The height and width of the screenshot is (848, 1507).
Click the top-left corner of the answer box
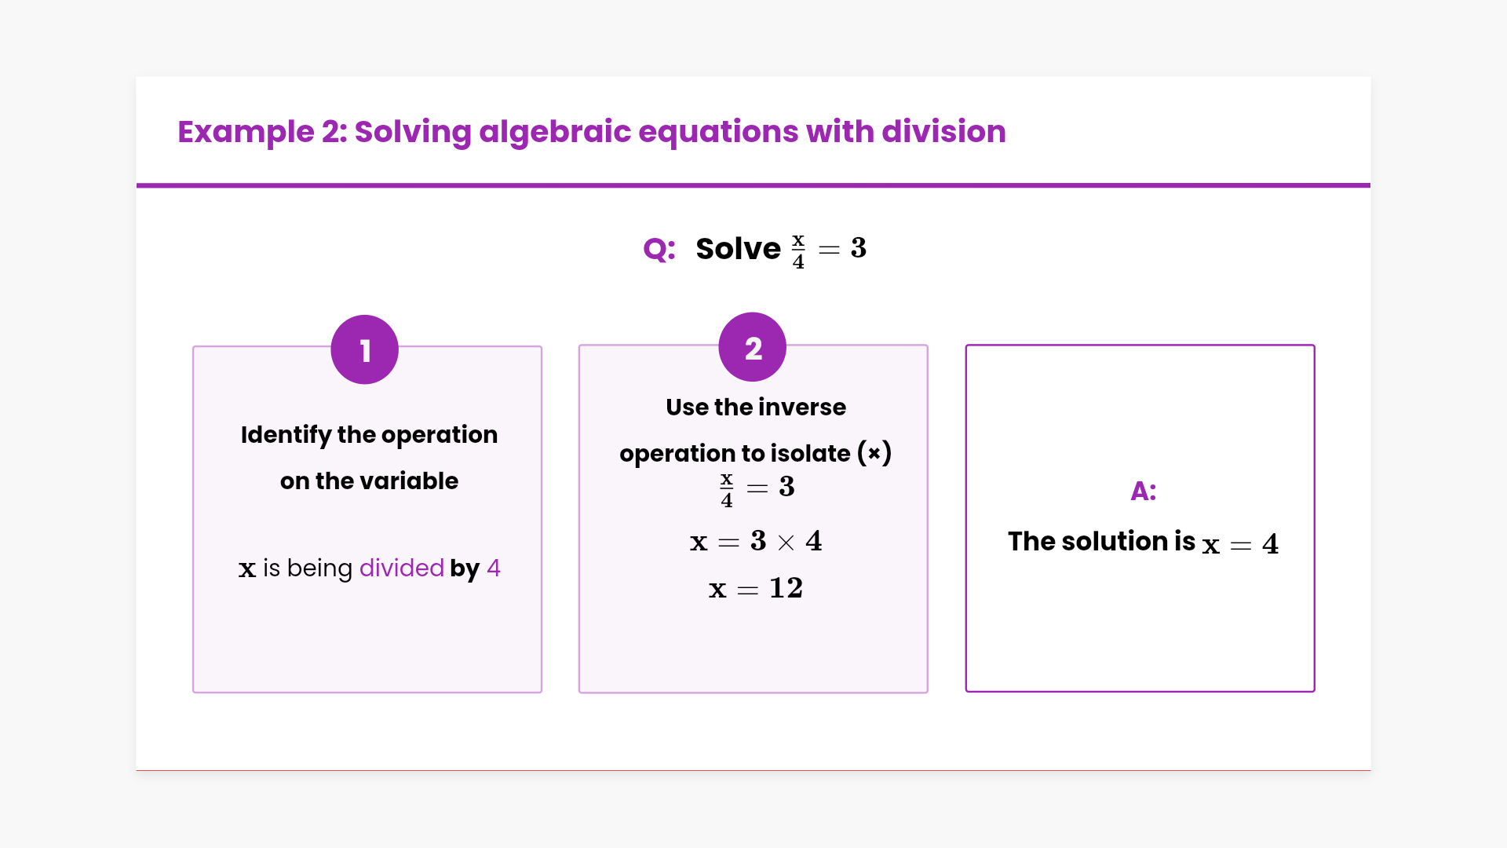[966, 345]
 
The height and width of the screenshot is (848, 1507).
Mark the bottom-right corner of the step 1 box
[542, 693]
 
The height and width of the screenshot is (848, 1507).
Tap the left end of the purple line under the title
[137, 186]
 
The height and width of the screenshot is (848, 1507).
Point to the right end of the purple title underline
[1370, 186]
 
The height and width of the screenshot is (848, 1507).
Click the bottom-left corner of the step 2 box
[579, 693]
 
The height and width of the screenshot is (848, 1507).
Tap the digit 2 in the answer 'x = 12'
[794, 588]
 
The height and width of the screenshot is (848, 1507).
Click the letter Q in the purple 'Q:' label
[655, 250]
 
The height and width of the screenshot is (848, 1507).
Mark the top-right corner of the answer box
[1315, 345]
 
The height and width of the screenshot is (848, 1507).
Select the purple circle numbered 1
[365, 349]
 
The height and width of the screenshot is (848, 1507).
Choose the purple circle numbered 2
[753, 347]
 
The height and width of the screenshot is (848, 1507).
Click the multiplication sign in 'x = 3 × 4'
[786, 543]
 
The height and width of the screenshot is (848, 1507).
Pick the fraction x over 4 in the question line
[798, 250]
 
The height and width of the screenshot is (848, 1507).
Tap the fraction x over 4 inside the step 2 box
[727, 490]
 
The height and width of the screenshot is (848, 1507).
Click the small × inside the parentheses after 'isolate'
[874, 454]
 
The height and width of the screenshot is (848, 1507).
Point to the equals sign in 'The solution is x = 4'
[1241, 546]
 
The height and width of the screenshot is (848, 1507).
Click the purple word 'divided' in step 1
[402, 568]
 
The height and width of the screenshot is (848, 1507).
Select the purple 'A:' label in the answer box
[1144, 492]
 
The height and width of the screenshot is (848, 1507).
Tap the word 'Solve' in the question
[739, 249]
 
